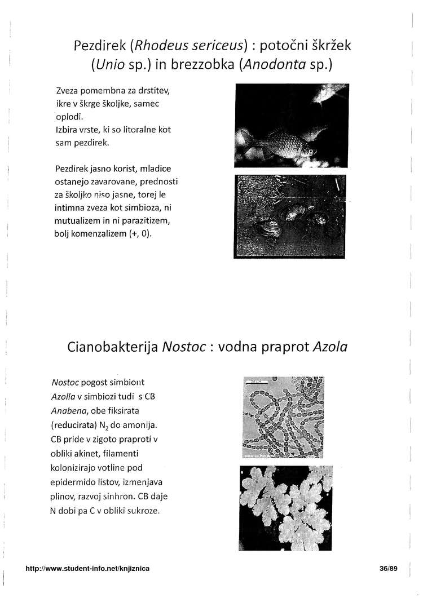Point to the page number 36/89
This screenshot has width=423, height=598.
tap(389, 569)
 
